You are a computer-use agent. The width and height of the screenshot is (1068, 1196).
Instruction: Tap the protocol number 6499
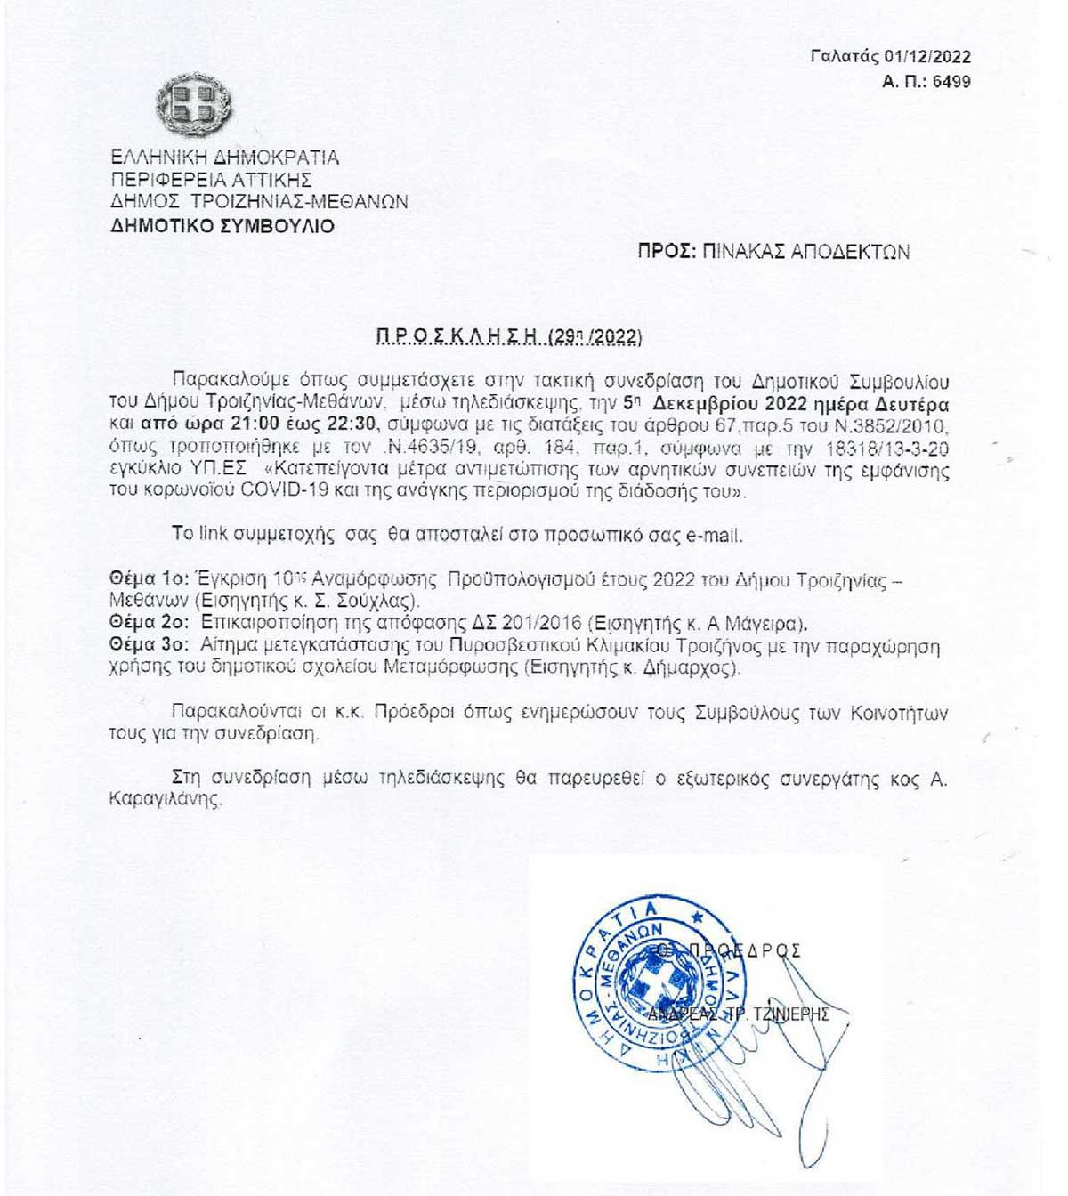click(x=952, y=82)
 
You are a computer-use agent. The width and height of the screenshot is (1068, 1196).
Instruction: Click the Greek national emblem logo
click(x=193, y=105)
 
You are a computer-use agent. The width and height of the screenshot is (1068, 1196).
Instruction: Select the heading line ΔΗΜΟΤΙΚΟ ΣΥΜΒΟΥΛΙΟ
click(x=222, y=226)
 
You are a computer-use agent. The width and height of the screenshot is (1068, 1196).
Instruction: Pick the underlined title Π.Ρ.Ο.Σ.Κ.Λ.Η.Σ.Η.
click(x=457, y=337)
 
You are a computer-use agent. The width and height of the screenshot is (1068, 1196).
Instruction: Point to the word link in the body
click(x=213, y=535)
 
